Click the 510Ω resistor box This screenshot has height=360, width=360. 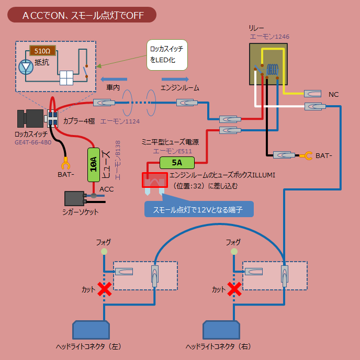(42, 51)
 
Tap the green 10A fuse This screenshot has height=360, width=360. (94, 165)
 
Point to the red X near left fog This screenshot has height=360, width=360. (105, 289)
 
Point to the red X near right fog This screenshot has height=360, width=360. (234, 289)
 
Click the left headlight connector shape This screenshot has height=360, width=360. (92, 330)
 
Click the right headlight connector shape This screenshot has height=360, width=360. (221, 330)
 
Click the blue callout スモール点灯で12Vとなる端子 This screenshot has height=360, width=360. (198, 209)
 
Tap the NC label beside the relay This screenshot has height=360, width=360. (333, 94)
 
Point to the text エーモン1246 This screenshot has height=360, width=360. (269, 37)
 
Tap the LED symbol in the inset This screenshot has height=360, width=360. (26, 67)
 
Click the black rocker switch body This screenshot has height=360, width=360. (31, 119)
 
